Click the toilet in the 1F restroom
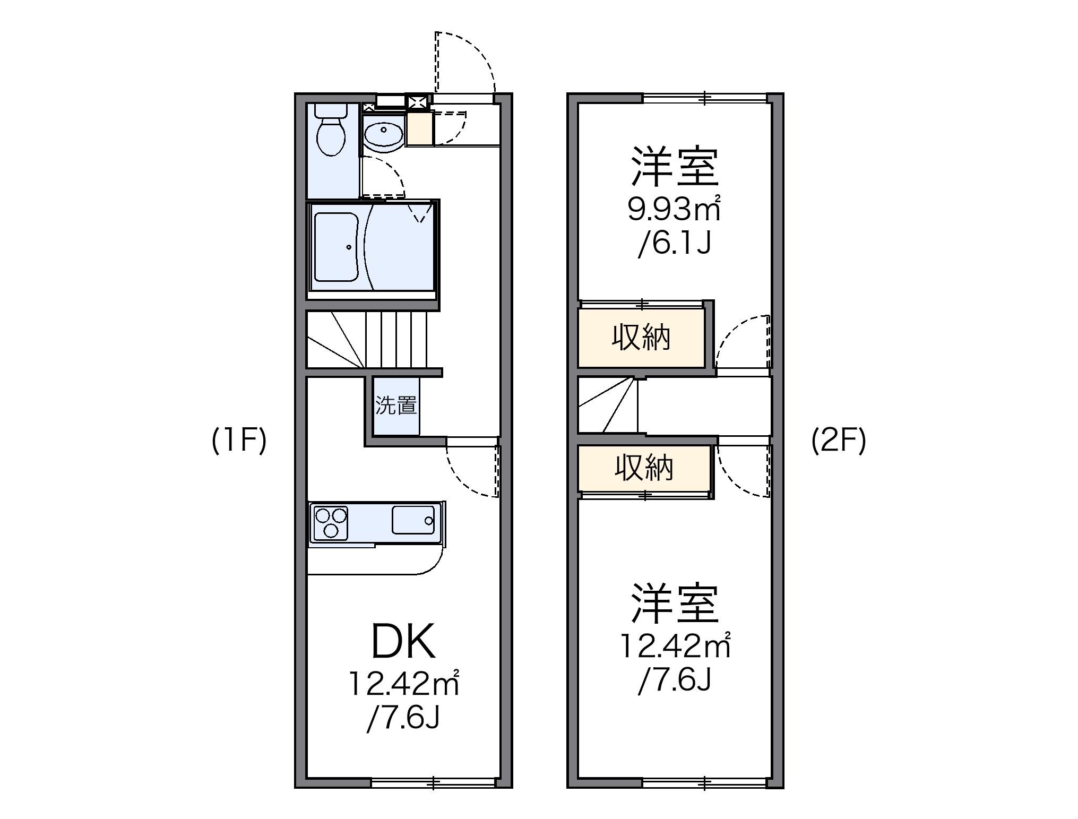(331, 133)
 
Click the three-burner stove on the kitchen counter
(331, 523)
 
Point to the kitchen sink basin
(413, 520)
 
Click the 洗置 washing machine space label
(395, 406)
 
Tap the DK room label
(403, 642)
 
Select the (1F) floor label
(239, 441)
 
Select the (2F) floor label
(838, 441)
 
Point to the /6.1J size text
(674, 244)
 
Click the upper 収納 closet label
(641, 338)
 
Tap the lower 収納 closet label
(644, 468)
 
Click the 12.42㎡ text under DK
(403, 685)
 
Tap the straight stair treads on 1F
(395, 340)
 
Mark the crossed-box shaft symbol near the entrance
(416, 101)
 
